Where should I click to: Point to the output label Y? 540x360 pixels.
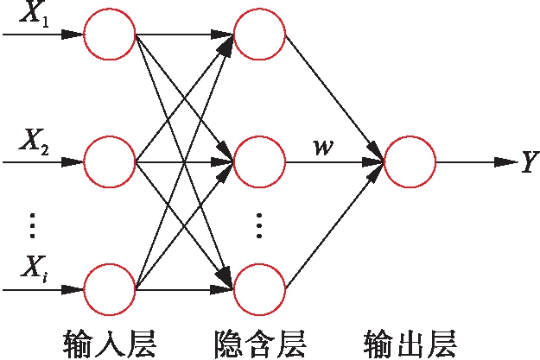(x=529, y=162)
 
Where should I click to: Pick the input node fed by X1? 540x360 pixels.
(x=110, y=35)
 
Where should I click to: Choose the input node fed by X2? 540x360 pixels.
(x=110, y=161)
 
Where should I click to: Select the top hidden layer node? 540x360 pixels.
(x=259, y=35)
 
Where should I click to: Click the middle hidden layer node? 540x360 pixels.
(x=259, y=161)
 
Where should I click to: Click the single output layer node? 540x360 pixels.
(x=410, y=161)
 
